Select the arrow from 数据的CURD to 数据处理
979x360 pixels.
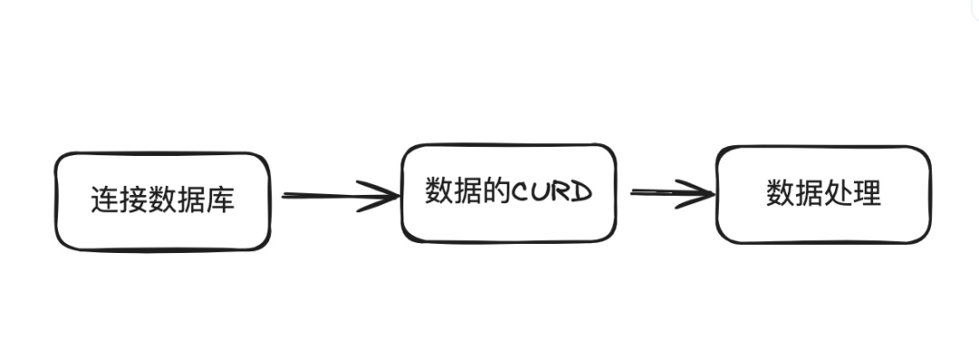tap(666, 192)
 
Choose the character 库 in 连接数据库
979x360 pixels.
tap(221, 199)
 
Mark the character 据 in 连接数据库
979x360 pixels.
tap(192, 199)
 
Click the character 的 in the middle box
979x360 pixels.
tap(498, 191)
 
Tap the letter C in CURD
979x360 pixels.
tap(523, 192)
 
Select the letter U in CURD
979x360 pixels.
tap(542, 192)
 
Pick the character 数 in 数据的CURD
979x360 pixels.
tap(440, 191)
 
